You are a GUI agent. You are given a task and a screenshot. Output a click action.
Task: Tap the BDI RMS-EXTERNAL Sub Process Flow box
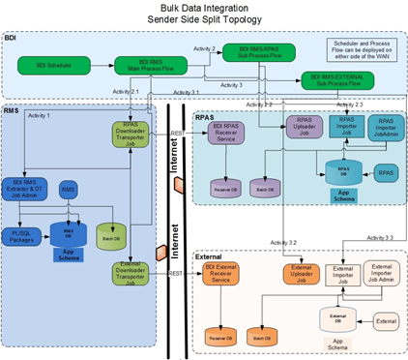340,79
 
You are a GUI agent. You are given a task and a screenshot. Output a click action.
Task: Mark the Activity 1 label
40,116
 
